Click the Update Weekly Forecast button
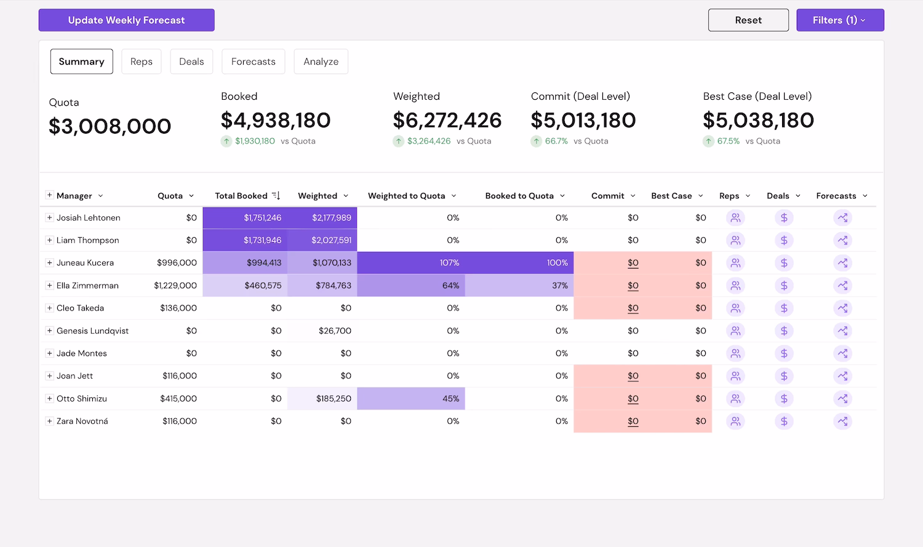(126, 20)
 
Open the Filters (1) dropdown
(840, 20)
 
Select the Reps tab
(141, 62)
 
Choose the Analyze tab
(321, 62)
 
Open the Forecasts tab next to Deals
(253, 62)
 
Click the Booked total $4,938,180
(276, 120)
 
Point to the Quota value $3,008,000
(110, 126)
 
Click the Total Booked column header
(241, 196)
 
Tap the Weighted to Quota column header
(406, 196)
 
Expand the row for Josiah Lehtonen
(49, 217)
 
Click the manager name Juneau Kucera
(85, 263)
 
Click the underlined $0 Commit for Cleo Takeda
(633, 308)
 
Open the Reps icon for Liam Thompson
(735, 240)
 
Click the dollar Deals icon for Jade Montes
(784, 354)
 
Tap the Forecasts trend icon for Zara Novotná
(842, 421)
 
